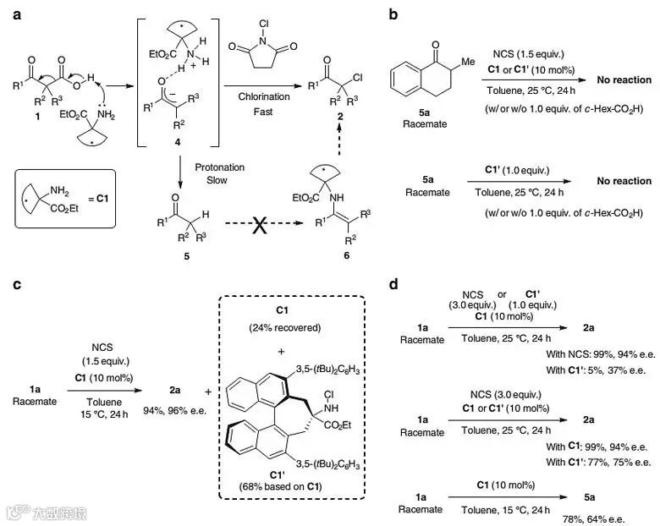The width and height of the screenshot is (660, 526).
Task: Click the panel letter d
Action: click(x=394, y=284)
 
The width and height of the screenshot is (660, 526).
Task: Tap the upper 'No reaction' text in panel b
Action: click(x=624, y=80)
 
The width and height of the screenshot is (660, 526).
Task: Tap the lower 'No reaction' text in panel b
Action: click(x=624, y=181)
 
